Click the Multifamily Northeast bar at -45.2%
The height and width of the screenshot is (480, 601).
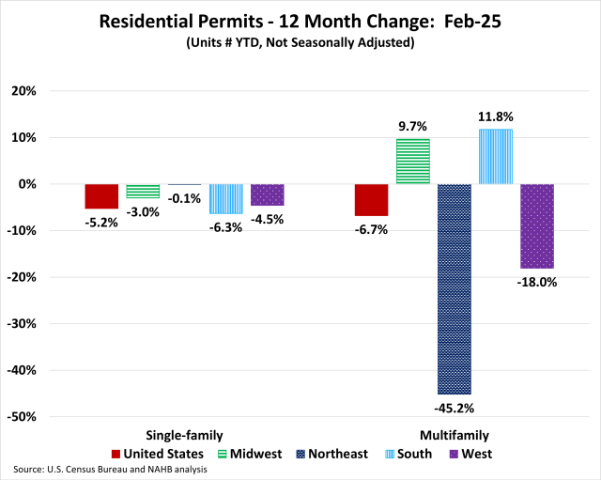[x=454, y=288]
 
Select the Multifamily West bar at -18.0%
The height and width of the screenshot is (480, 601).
[x=536, y=226]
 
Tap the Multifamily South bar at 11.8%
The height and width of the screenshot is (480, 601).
[x=495, y=157]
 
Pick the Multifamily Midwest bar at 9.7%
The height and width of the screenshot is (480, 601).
[x=412, y=162]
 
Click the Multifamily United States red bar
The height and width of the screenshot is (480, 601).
[x=371, y=200]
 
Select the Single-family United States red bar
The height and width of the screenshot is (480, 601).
[x=101, y=196]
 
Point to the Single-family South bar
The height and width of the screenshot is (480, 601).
[x=225, y=199]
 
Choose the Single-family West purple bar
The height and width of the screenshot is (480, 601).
[x=267, y=194]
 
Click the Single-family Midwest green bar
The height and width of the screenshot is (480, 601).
[x=143, y=192]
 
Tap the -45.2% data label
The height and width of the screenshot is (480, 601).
[x=454, y=408]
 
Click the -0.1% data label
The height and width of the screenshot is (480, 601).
[x=184, y=198]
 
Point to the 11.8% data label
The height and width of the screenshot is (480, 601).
[x=495, y=117]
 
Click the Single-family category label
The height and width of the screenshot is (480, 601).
[x=184, y=435]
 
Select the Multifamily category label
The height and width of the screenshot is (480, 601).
[x=454, y=435]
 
